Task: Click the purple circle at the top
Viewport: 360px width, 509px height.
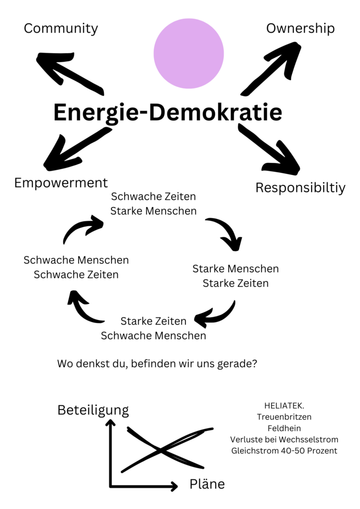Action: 188,54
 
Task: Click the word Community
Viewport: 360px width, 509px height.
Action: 61,28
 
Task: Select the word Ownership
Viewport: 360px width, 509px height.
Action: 300,28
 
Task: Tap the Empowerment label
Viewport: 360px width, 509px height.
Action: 61,183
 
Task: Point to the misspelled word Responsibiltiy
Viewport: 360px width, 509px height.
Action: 300,188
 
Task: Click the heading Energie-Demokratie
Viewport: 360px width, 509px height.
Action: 168,112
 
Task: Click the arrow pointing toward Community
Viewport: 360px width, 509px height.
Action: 70,74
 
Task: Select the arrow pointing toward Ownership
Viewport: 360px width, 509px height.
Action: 271,69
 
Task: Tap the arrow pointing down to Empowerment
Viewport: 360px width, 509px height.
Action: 77,149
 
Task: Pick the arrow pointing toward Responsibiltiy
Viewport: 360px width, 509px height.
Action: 269,149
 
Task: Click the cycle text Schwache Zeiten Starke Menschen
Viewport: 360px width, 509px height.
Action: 154,203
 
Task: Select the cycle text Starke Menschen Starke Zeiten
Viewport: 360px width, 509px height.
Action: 236,276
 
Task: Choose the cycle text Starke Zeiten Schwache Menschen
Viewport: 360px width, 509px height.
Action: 154,328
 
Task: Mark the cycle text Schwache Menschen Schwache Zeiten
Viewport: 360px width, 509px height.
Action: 76,267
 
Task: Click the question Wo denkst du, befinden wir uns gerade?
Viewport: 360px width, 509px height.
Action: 157,364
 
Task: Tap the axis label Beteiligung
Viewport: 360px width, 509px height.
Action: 93,410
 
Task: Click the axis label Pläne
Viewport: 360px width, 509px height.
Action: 207,484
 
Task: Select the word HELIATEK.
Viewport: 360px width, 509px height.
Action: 284,406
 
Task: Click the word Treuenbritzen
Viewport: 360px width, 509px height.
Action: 284,417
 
